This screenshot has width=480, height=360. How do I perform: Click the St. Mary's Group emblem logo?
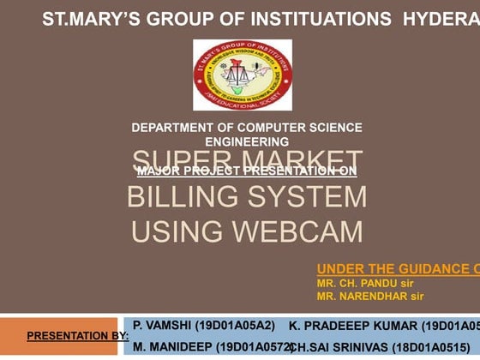point(243,75)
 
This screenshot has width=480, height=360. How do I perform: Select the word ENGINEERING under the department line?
point(247,141)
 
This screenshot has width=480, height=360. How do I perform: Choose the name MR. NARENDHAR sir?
point(370,297)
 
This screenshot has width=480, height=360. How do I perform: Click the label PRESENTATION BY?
point(77,336)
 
